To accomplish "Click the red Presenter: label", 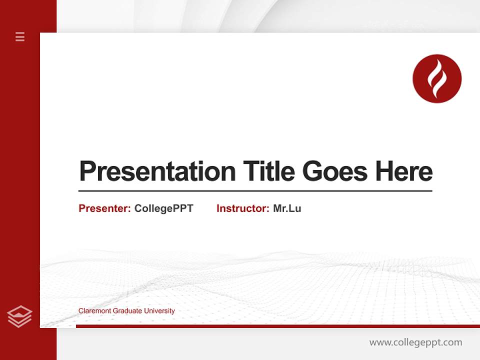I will [x=104, y=208].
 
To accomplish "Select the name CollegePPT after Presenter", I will [x=163, y=208].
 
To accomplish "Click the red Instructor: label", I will [x=242, y=208].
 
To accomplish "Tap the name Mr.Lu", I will [x=287, y=208].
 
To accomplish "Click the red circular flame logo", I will [x=437, y=78].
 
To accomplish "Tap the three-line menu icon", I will [x=20, y=36].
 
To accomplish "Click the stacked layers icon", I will [x=19, y=316].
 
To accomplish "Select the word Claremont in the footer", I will [x=94, y=311].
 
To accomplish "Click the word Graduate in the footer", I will [x=127, y=311].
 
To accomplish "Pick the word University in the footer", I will [x=159, y=311].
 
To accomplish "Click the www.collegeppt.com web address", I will [x=415, y=342].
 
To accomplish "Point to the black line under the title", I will [x=255, y=191].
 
